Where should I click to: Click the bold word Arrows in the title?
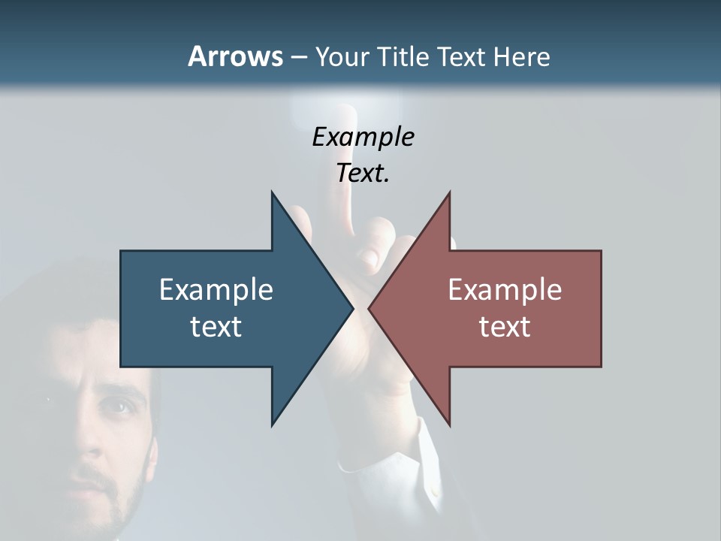(x=235, y=56)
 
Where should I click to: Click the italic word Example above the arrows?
(x=363, y=137)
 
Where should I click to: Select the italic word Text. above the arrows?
(x=363, y=173)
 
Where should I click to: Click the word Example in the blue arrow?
(x=216, y=289)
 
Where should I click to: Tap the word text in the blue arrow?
(x=216, y=326)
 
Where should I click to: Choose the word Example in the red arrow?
(x=505, y=289)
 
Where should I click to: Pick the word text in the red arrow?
(x=505, y=326)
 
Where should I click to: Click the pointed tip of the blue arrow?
(x=352, y=308)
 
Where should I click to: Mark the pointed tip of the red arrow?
(x=370, y=308)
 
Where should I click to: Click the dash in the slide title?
(x=298, y=57)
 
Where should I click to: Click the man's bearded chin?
(x=105, y=518)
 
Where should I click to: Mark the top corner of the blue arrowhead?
(x=272, y=192)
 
